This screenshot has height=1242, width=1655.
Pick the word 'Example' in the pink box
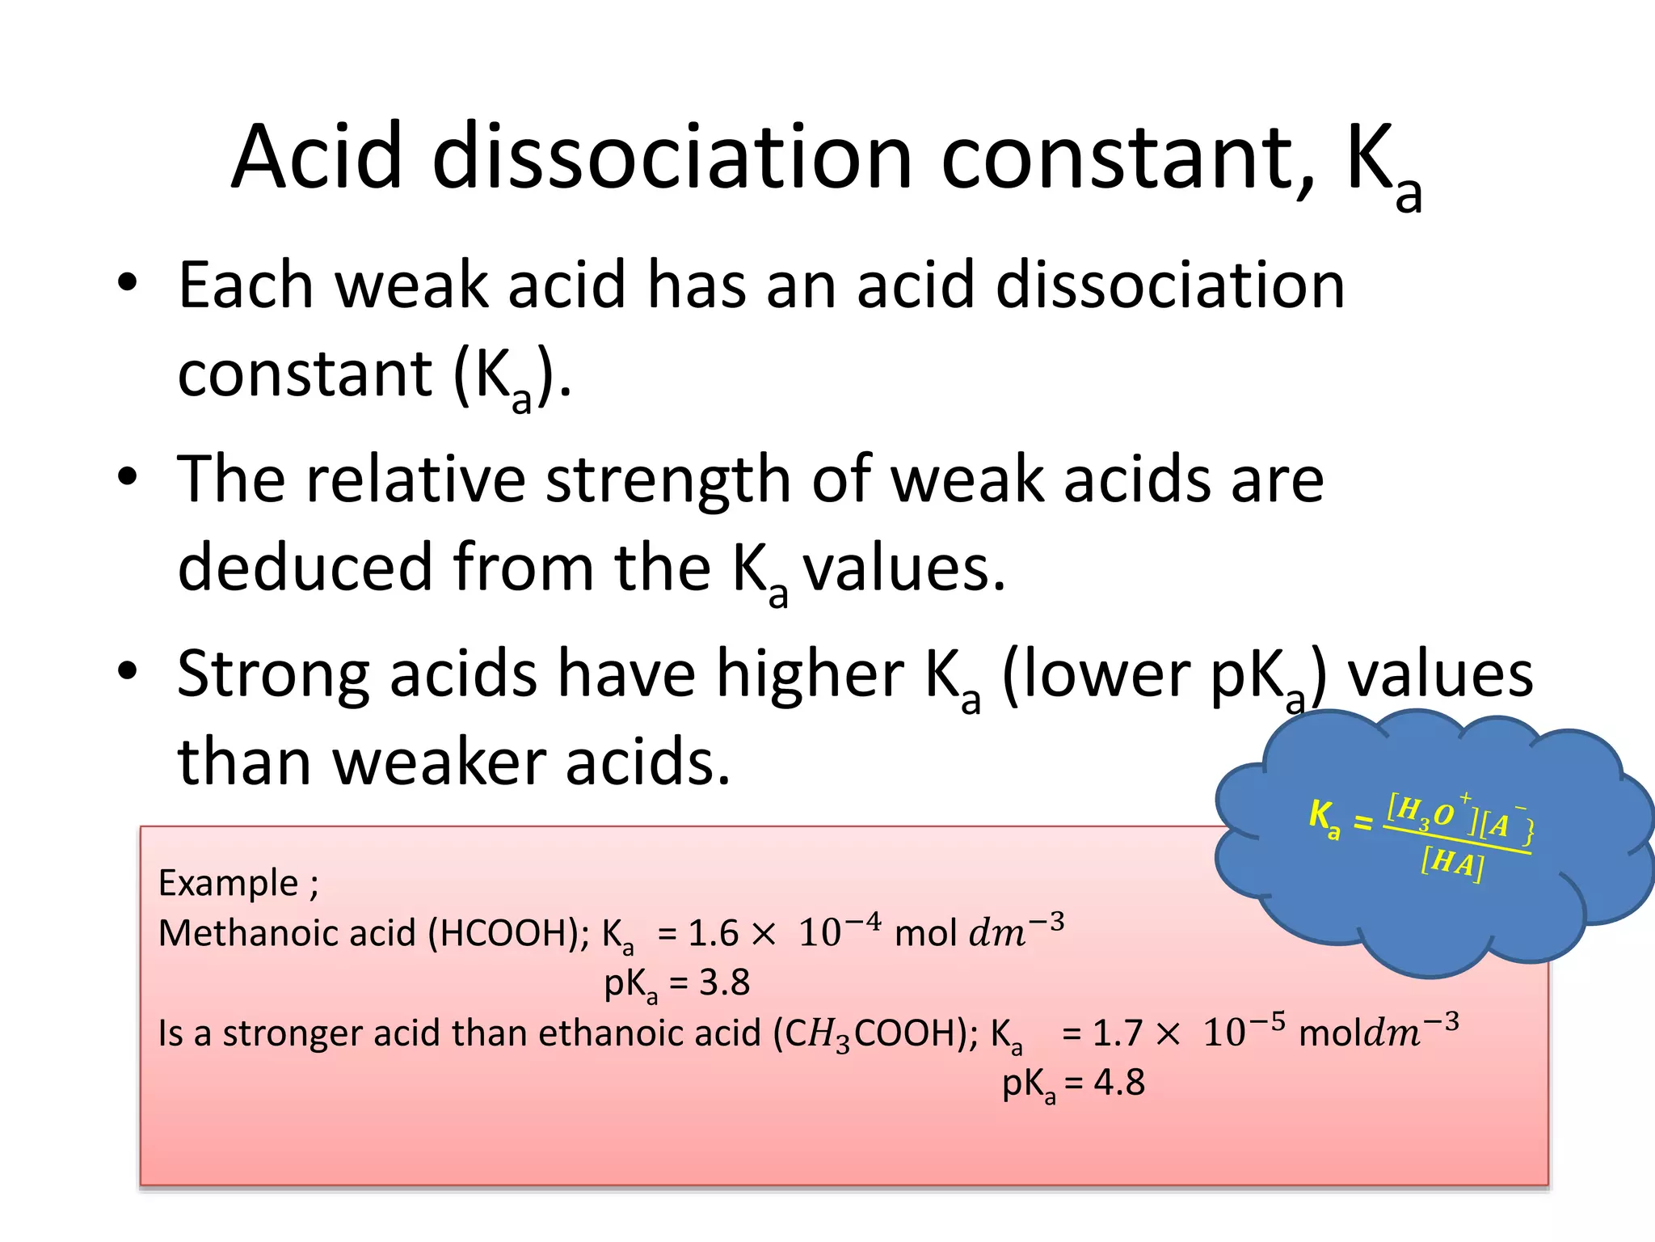228,882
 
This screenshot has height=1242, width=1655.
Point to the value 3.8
724,983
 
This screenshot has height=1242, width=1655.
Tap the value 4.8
1119,1083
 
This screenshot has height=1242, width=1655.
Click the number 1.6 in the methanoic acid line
713,934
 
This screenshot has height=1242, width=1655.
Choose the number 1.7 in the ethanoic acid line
1117,1033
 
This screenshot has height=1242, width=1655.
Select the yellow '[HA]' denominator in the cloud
1451,864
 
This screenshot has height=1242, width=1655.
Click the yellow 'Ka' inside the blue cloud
1324,818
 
